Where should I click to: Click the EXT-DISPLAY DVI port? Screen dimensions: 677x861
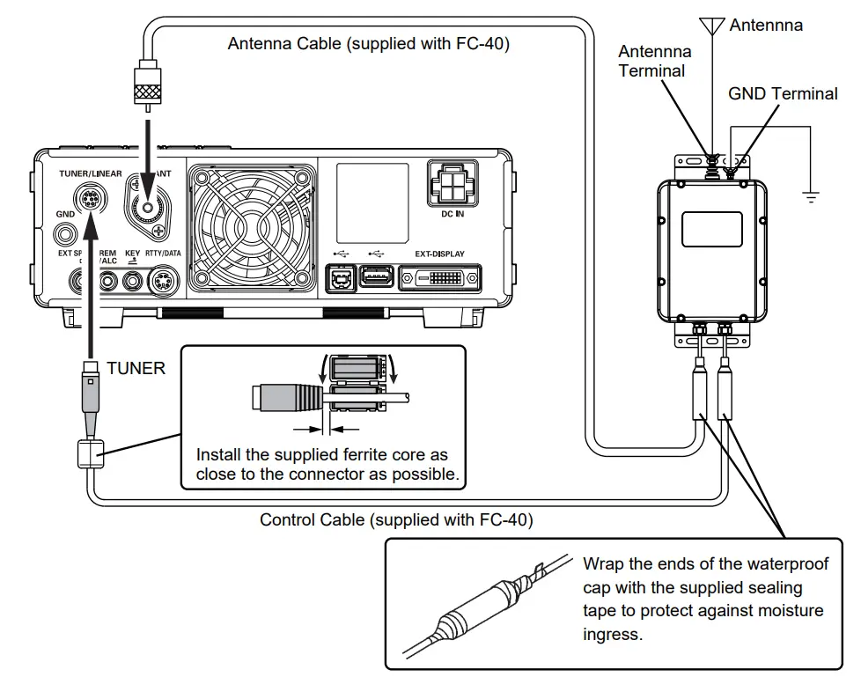point(439,278)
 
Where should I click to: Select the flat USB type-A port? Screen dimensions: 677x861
point(377,277)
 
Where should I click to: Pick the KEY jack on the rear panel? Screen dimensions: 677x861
point(133,282)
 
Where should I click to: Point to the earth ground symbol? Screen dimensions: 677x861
point(811,195)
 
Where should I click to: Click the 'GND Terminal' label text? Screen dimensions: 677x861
point(783,93)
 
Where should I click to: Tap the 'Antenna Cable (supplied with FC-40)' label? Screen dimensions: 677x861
point(368,43)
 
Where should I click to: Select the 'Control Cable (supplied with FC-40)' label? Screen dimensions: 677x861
point(396,519)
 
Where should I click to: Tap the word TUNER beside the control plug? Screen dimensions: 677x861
point(136,368)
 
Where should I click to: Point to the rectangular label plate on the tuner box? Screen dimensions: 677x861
point(712,228)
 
